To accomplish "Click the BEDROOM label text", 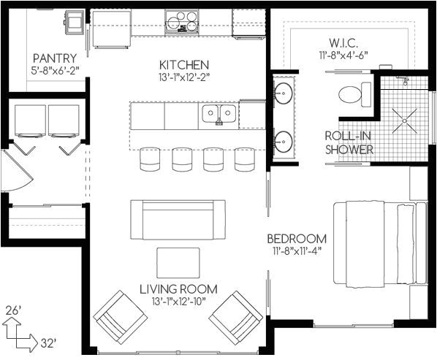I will click(x=296, y=239).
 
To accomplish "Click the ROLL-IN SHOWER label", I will click(x=349, y=142).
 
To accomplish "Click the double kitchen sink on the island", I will click(x=219, y=113).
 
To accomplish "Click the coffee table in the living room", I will click(x=178, y=261).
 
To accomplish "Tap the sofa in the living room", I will click(x=178, y=218).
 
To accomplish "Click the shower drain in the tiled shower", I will click(x=403, y=121).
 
